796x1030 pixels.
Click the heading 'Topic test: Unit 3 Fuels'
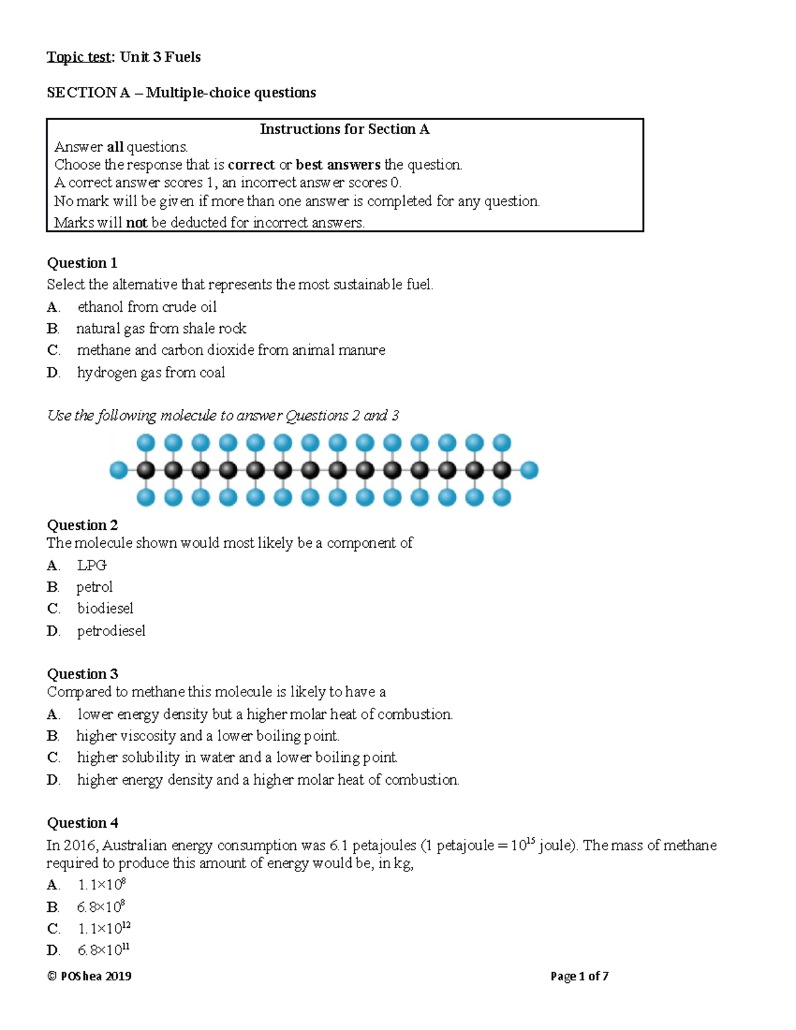tap(123, 57)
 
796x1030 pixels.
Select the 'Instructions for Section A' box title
tap(344, 129)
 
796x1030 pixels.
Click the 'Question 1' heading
tap(82, 263)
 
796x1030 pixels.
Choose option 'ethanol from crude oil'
tap(147, 306)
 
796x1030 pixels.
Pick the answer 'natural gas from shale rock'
tap(161, 328)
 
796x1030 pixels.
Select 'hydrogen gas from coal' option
tap(151, 372)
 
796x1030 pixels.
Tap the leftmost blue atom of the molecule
tap(119, 470)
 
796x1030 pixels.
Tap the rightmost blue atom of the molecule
tap(529, 470)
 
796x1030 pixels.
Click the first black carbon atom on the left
tap(146, 470)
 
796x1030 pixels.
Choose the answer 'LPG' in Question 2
tap(92, 565)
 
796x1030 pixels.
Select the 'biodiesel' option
tap(105, 608)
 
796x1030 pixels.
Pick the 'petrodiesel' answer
tap(111, 631)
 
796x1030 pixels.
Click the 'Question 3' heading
tap(82, 674)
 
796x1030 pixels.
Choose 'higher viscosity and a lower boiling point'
tap(208, 736)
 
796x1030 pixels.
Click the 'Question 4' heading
tap(82, 823)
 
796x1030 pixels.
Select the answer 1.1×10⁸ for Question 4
tap(101, 885)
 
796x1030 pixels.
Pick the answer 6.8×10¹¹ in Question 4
tap(103, 950)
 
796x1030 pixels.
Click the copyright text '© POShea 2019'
tap(89, 976)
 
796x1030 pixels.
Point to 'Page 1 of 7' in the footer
tap(579, 976)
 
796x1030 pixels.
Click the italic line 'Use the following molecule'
tap(223, 416)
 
